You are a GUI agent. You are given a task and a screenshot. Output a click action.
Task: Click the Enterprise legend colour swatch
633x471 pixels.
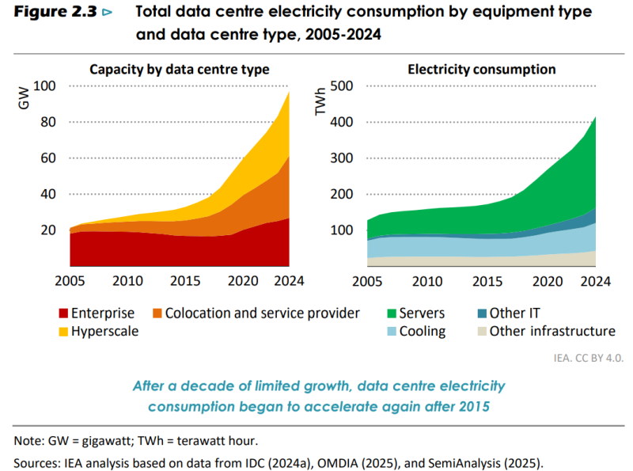point(63,313)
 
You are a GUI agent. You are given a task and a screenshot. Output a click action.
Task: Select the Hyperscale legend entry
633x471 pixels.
point(98,331)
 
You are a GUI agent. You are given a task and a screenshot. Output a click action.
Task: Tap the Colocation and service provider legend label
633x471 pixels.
point(262,313)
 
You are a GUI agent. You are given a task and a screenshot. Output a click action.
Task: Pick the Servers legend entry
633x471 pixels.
point(416,313)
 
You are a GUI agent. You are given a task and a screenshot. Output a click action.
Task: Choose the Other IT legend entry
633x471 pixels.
point(509,313)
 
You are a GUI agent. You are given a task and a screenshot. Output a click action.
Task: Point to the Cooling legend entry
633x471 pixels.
point(416,331)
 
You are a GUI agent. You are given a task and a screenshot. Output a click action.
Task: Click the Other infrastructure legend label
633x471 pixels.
point(552,331)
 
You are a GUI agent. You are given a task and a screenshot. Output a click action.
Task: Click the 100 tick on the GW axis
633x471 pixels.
point(44,86)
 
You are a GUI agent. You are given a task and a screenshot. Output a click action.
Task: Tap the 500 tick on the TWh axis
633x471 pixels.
point(342,86)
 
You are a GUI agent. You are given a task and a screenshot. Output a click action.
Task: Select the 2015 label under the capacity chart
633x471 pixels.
point(185,281)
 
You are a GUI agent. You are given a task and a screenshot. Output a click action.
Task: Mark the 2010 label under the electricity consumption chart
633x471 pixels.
point(427,281)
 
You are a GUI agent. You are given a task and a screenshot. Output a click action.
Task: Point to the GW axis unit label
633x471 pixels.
point(24,98)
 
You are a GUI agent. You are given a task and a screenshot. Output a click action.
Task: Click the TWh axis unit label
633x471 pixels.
point(320,101)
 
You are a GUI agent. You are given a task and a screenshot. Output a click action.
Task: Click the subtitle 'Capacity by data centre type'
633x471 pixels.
point(180,70)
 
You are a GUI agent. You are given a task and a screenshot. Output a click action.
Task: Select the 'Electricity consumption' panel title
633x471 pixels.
point(482,70)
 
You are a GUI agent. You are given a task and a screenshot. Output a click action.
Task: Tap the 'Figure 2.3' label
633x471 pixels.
point(55,12)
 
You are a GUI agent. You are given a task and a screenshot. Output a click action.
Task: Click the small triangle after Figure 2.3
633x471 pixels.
point(107,13)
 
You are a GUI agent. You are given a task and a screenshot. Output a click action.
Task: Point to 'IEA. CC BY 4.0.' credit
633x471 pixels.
point(589,359)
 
